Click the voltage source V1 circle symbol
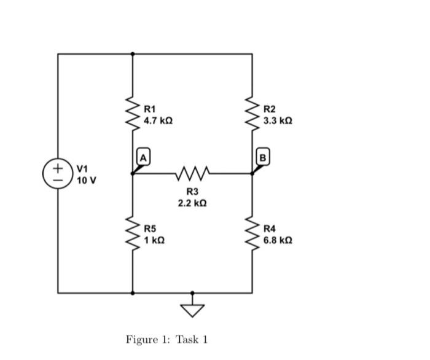point(58,173)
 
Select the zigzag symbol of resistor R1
point(133,114)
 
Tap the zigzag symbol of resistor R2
point(252,114)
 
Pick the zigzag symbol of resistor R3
point(192,173)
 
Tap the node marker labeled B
point(262,157)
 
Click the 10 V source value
point(87,181)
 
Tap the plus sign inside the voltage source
point(58,167)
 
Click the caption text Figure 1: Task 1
point(167,339)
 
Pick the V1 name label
point(83,169)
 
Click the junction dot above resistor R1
point(133,54)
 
